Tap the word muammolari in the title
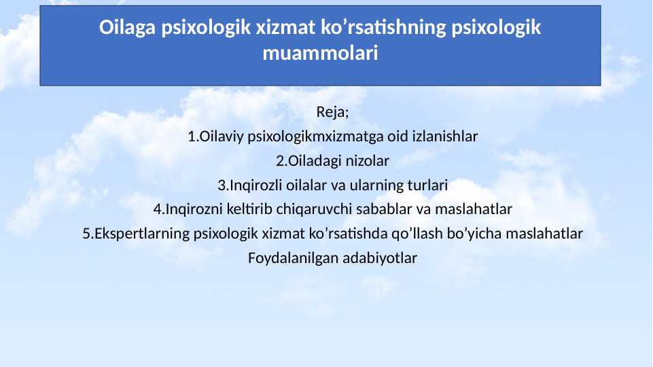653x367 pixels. point(320,53)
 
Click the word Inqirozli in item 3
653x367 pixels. point(252,185)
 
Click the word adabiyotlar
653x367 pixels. point(380,258)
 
